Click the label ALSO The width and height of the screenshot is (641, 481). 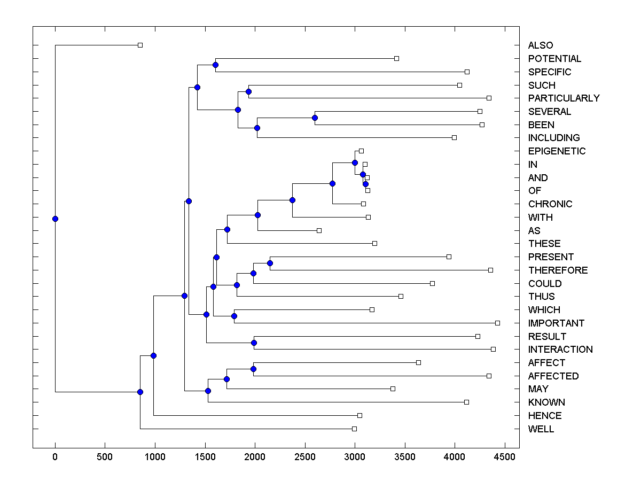pos(541,45)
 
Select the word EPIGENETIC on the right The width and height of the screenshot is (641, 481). pos(557,151)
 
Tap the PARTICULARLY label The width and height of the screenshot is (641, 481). pos(564,98)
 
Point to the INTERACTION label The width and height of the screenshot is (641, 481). pos(560,350)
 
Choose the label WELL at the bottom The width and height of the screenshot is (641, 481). pos(541,429)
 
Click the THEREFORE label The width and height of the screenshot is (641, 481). pos(558,270)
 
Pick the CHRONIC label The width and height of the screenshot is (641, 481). pos(550,204)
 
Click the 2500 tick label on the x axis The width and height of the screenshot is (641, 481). pos(305,457)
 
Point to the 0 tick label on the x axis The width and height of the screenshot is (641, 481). pos(55,457)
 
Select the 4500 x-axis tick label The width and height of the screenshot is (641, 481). pos(505,457)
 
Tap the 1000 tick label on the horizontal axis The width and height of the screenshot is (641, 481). pos(155,457)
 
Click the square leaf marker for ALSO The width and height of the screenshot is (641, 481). pos(140,45)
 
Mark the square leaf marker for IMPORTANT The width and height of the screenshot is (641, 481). pos(497,323)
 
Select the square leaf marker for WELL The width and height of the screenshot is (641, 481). pos(354,429)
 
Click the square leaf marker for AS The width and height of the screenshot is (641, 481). pos(319,230)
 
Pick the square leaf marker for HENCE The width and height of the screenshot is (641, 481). pos(359,415)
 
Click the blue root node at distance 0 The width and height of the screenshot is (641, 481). pos(55,219)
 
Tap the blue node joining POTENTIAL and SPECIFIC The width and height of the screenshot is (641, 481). pos(215,65)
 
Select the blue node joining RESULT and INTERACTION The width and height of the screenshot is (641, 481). pos(254,343)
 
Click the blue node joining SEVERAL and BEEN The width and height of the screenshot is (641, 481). pos(315,118)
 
